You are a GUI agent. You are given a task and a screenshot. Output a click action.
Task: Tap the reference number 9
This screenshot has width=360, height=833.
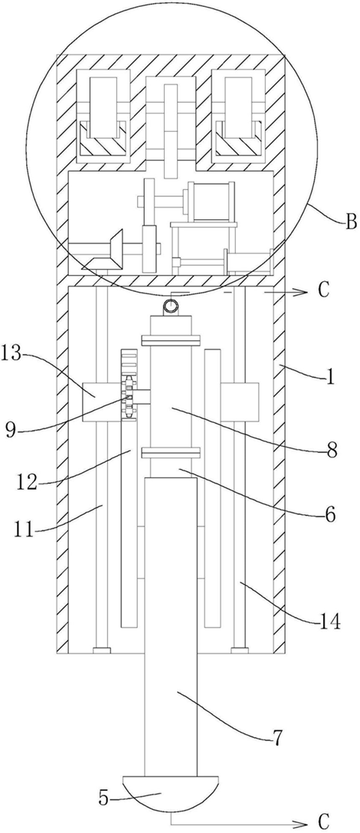coord(11,429)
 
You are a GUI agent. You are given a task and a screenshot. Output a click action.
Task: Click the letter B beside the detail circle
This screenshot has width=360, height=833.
coord(351,221)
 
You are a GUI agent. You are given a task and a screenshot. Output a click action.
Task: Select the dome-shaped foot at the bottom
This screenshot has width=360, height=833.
coord(171,792)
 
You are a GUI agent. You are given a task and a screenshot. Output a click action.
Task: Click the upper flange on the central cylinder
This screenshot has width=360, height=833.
coord(171,339)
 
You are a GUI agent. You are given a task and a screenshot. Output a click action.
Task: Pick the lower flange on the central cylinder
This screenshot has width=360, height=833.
coord(171,453)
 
